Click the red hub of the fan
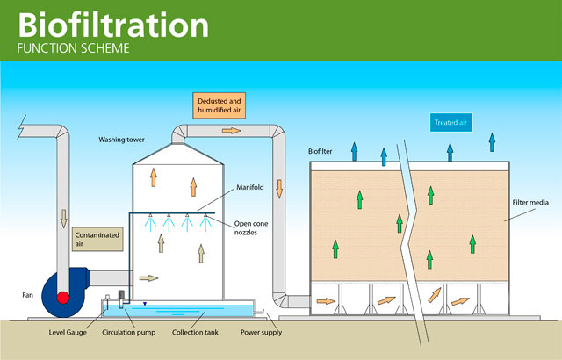(63, 297)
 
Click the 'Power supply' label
(261, 333)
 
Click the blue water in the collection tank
(193, 313)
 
